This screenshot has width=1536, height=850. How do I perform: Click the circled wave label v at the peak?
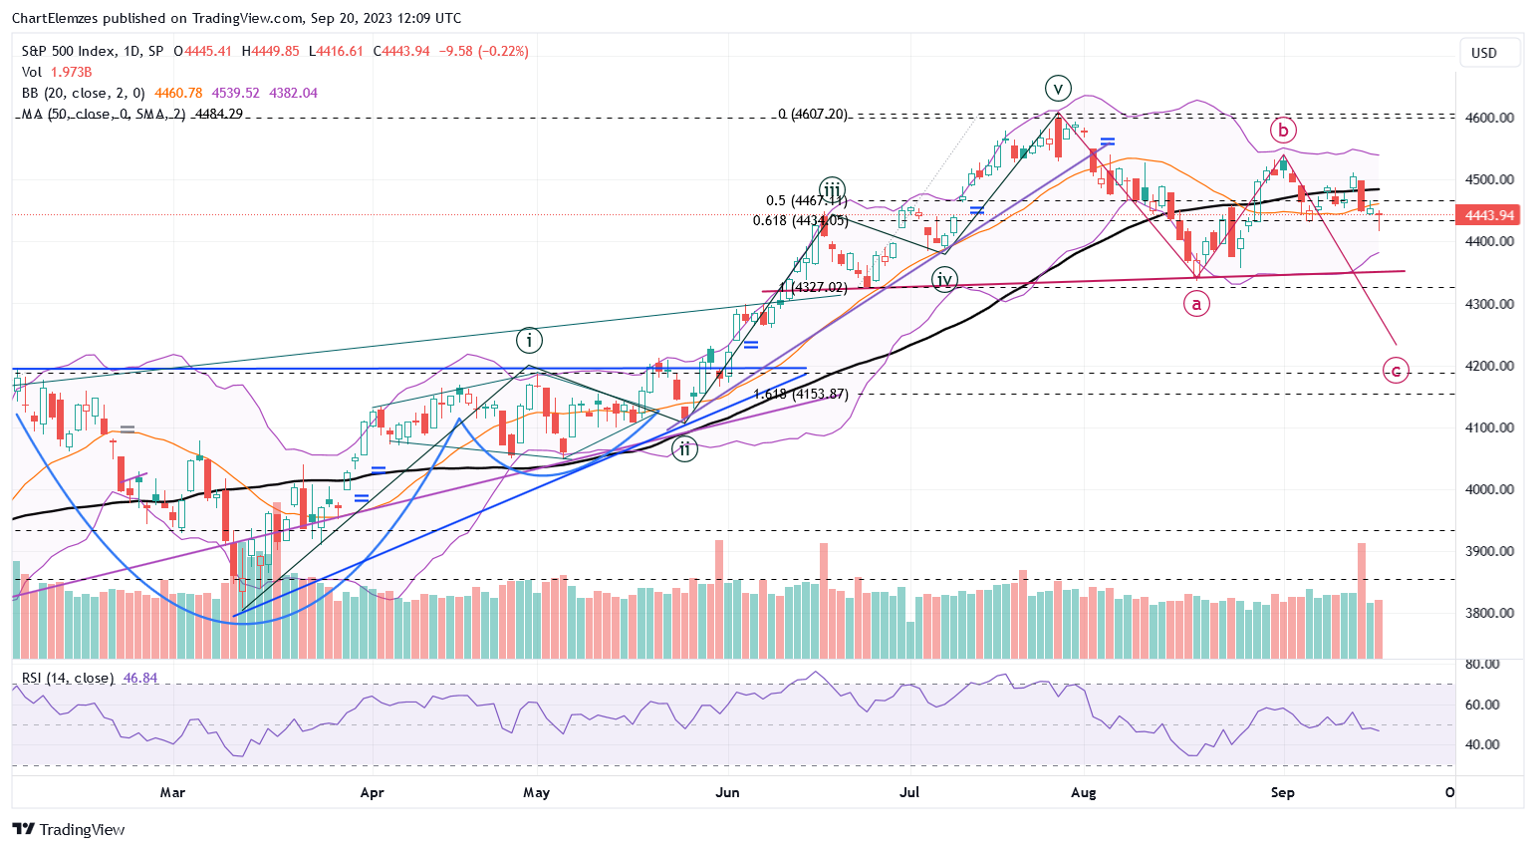[x=1058, y=86]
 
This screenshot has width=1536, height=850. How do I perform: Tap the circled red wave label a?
[x=1196, y=303]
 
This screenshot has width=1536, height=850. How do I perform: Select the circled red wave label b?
[x=1283, y=130]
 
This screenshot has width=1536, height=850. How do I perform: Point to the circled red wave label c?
[x=1396, y=371]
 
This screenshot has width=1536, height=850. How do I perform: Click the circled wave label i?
[x=529, y=341]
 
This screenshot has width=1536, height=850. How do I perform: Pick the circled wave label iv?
[x=944, y=279]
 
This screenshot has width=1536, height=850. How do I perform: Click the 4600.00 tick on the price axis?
[x=1490, y=118]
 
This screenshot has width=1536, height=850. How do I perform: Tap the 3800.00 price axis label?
[x=1490, y=613]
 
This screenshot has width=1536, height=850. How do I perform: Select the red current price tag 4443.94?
[x=1489, y=215]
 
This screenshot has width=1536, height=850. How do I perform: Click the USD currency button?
[x=1484, y=53]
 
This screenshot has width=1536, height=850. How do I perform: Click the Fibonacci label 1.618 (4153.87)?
[x=801, y=395]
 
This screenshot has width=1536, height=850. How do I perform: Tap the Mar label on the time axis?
[x=172, y=793]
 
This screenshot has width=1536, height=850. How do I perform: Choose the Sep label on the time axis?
[x=1283, y=793]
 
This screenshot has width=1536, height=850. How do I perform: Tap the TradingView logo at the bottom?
[x=69, y=829]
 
